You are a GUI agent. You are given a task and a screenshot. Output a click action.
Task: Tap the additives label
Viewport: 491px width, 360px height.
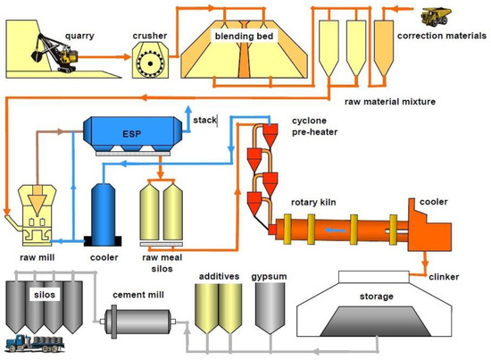220,278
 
